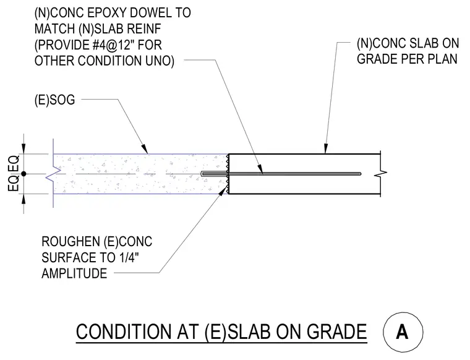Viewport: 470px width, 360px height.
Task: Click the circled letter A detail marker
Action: click(x=403, y=332)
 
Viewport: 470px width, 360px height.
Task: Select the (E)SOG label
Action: click(x=54, y=100)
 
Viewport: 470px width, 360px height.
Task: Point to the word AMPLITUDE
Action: click(x=74, y=273)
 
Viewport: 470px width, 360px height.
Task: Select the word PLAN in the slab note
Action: click(x=442, y=59)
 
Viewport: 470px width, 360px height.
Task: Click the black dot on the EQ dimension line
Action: click(x=23, y=174)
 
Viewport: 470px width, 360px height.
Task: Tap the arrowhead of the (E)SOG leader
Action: click(x=145, y=149)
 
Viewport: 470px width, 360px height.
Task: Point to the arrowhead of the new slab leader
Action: click(x=325, y=149)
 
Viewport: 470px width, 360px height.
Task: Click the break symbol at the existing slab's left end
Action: click(x=53, y=174)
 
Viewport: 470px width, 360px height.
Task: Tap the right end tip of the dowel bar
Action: click(x=361, y=174)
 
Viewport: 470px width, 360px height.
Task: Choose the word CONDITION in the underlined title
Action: click(x=124, y=332)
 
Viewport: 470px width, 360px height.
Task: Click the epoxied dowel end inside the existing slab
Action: click(x=203, y=174)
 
